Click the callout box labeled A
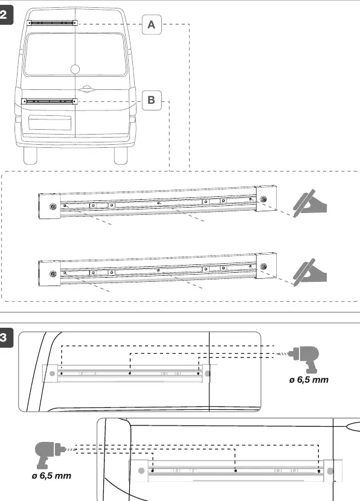click(x=152, y=24)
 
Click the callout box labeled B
click(x=152, y=100)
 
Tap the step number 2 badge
click(x=5, y=14)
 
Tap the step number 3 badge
click(x=5, y=337)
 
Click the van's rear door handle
click(x=85, y=89)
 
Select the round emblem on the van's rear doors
click(x=75, y=69)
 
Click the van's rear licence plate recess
click(x=50, y=123)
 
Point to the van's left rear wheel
click(x=30, y=156)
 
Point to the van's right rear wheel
click(x=121, y=156)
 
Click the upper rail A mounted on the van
click(x=52, y=23)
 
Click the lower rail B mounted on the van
click(x=50, y=101)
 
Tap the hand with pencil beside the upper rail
click(x=309, y=203)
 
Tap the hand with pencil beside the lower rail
click(x=309, y=272)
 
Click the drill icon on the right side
click(x=303, y=359)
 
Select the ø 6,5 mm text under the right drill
click(x=309, y=380)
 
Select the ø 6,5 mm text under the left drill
click(x=51, y=476)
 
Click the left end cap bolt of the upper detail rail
click(x=53, y=206)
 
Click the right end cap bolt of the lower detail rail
click(x=263, y=266)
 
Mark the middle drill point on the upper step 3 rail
click(x=130, y=373)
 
